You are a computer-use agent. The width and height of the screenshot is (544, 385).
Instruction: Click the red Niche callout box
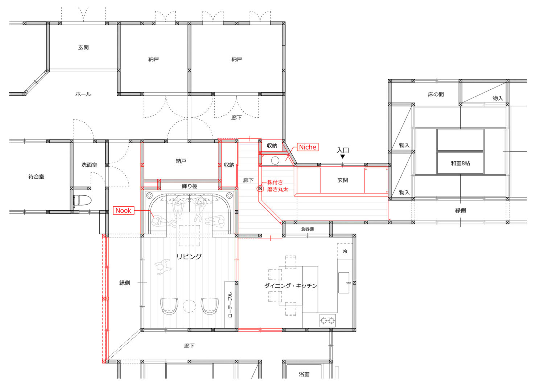pos(308,147)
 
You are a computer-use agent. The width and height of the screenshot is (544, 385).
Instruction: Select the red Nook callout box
pos(123,210)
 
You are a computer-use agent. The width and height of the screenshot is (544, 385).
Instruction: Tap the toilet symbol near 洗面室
pos(82,200)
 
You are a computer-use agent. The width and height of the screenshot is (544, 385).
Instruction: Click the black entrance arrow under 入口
pos(342,157)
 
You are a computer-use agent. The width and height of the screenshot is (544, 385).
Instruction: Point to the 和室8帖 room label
pos(460,163)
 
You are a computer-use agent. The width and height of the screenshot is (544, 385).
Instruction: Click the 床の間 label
pos(436,94)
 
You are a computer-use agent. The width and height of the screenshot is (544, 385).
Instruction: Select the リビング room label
pos(189,256)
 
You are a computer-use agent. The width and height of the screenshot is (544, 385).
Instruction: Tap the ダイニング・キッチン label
pos(291,285)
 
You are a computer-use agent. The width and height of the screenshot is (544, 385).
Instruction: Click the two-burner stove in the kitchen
pos(327,321)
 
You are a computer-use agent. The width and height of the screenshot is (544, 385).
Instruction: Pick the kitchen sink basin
pos(344,283)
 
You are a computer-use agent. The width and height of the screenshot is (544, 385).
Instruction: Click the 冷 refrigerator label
pos(345,251)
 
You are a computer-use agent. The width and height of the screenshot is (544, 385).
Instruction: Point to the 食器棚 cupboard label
pos(307,229)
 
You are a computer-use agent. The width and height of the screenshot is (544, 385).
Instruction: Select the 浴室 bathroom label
pos(304,374)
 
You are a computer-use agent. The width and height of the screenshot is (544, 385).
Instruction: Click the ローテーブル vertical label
pos(230,305)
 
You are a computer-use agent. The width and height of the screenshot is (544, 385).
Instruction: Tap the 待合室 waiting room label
pos(36,177)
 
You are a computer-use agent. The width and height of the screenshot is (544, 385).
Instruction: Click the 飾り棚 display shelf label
pos(189,186)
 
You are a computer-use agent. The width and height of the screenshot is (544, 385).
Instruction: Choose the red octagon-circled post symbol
pos(260,189)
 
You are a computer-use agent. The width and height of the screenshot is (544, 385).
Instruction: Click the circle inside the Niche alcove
pos(275,161)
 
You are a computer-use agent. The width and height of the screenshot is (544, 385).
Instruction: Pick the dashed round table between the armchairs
pos(189,306)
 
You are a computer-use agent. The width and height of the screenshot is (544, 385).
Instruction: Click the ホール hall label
pos(83,94)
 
